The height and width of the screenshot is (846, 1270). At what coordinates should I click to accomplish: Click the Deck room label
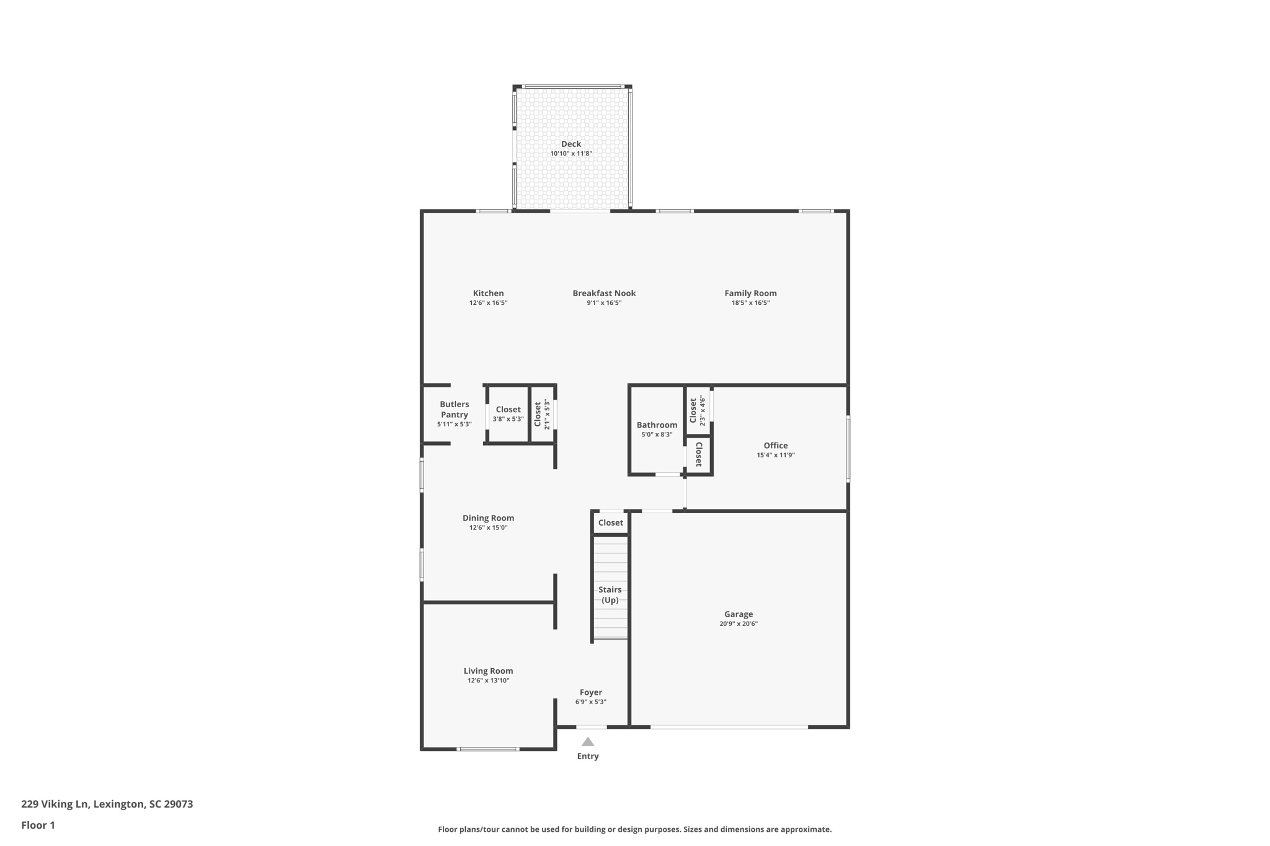571,144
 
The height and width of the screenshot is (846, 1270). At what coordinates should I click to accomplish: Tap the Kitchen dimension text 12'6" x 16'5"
488,303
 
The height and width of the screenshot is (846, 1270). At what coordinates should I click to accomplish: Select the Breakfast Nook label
603,293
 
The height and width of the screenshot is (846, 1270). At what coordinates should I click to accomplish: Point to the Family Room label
750,293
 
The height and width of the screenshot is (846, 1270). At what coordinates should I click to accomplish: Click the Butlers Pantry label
454,409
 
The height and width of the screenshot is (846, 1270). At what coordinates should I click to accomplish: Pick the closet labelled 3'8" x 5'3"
508,413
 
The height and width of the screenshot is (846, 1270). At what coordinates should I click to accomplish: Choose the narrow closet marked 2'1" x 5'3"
542,414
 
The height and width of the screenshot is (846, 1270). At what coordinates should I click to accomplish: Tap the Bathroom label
657,425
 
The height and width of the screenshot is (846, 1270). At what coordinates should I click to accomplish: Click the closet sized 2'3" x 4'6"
698,410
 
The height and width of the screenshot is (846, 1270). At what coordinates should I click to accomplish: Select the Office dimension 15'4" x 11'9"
775,455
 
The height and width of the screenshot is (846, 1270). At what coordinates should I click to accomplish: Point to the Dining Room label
488,518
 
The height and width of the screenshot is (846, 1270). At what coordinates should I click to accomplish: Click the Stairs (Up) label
610,594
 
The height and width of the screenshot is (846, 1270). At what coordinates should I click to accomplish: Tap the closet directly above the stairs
610,522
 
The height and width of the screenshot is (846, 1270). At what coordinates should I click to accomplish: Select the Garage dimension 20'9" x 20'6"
738,624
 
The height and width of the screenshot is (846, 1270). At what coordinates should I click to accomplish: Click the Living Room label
488,671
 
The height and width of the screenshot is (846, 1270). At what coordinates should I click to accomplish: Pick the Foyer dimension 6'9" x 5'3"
590,702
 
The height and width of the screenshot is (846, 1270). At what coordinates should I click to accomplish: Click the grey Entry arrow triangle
588,742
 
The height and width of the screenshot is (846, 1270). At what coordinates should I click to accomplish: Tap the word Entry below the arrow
588,756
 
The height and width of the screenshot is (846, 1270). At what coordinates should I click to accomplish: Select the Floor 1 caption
38,825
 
